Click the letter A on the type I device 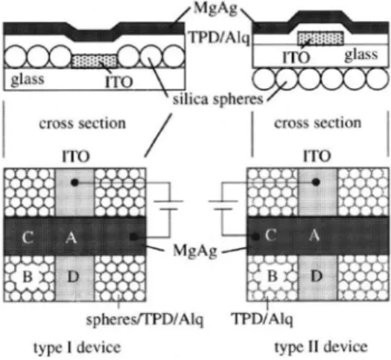(x=71, y=237)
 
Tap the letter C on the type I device (x=28, y=237)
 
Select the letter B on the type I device (x=28, y=277)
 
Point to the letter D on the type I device (x=73, y=277)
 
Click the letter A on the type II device (x=314, y=235)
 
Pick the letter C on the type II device (x=270, y=235)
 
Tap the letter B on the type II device (x=273, y=277)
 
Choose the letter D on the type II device (x=317, y=277)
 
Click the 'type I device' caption (x=77, y=347)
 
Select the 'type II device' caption (x=321, y=347)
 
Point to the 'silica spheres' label (x=218, y=99)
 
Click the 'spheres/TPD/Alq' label (x=144, y=320)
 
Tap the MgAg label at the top (x=216, y=9)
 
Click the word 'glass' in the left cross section (x=28, y=79)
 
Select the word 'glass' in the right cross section (x=361, y=55)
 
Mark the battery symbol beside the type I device (x=169, y=205)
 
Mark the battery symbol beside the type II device (x=223, y=205)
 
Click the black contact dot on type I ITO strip (x=74, y=183)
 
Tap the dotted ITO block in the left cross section (x=94, y=61)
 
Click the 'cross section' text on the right (x=318, y=123)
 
